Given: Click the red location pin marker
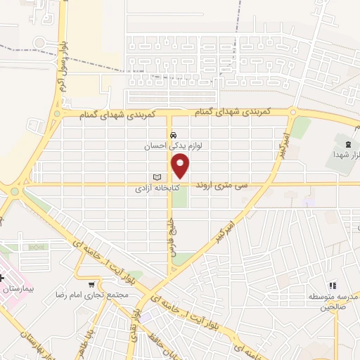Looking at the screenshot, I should click(x=181, y=166).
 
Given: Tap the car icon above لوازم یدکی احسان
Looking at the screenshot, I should click(x=172, y=135).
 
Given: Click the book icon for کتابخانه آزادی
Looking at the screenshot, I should click(x=157, y=176).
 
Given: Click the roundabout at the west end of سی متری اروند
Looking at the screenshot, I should click(x=14, y=190).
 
